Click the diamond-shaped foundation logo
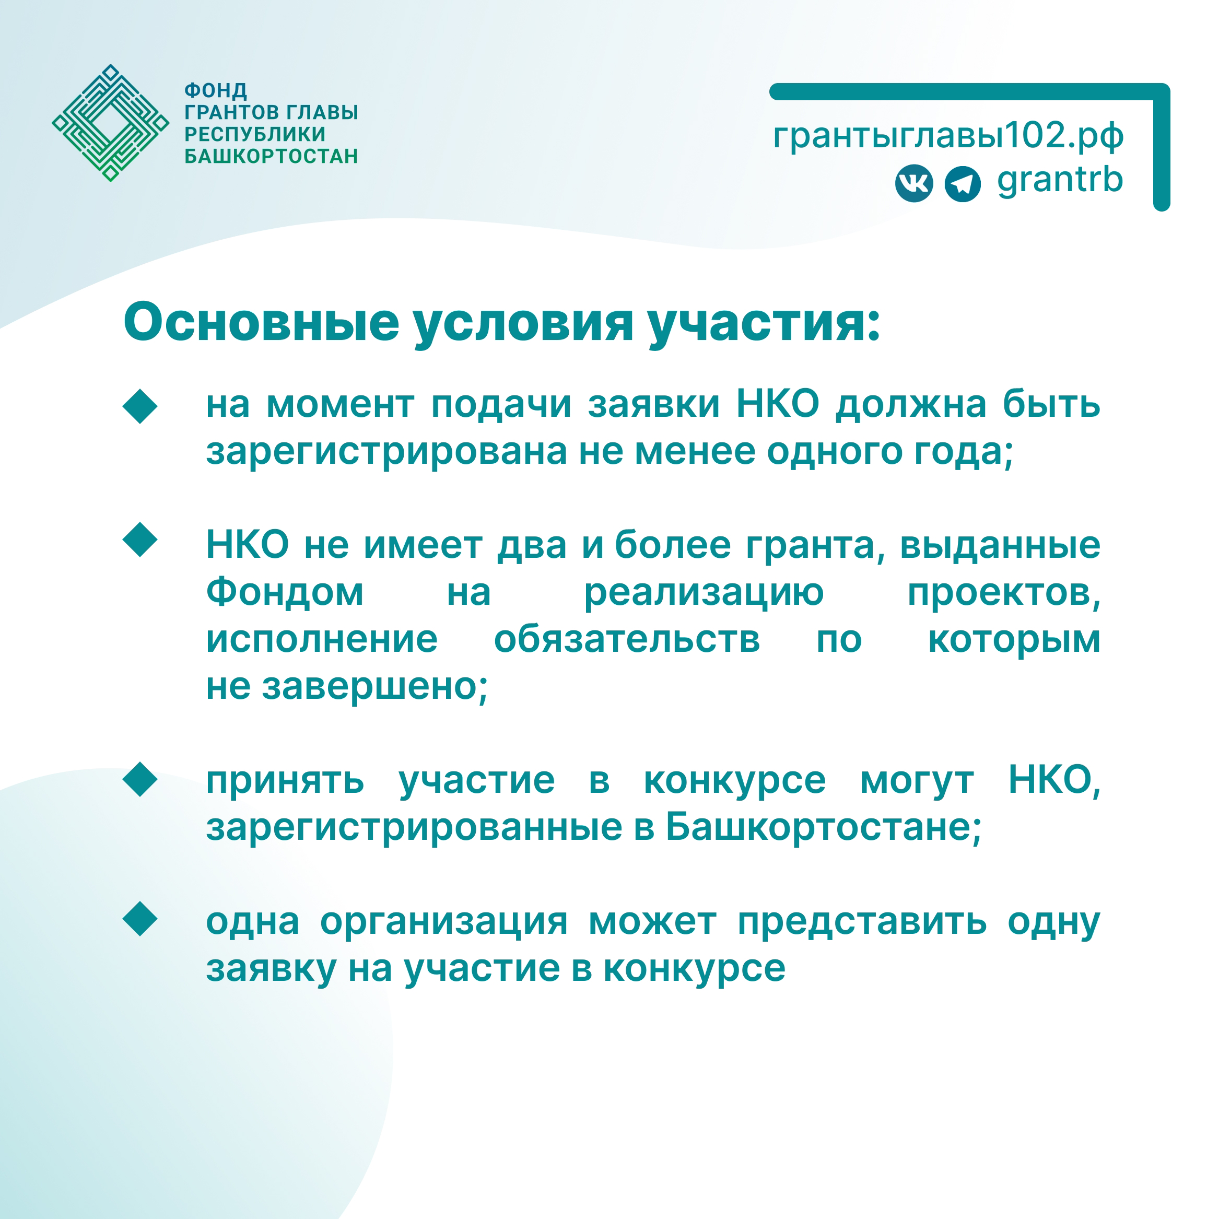(110, 123)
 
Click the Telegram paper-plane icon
(962, 184)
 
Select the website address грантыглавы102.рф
(948, 136)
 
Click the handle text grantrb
(1060, 180)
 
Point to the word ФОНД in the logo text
(216, 91)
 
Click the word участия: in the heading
(764, 324)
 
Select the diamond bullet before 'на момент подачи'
(140, 406)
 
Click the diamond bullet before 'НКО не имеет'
(140, 540)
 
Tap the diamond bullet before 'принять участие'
(140, 779)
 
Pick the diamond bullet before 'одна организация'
(140, 919)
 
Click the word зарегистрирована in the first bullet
(386, 453)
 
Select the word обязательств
(627, 639)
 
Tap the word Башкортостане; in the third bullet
(824, 827)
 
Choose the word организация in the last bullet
(443, 922)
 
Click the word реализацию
(704, 594)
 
